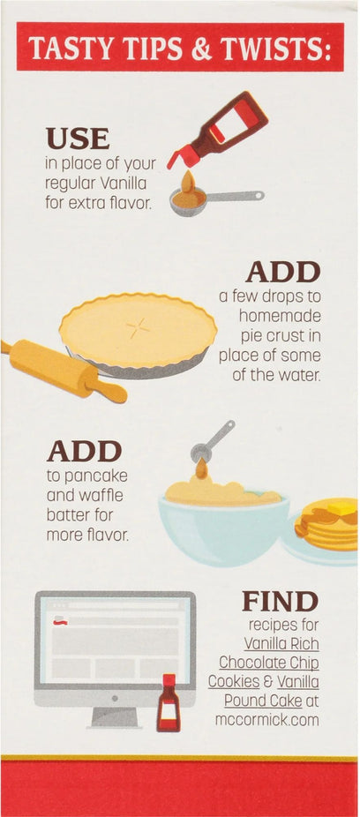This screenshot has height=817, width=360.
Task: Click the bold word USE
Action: (x=78, y=139)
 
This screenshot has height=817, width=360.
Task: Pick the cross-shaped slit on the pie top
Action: (x=138, y=328)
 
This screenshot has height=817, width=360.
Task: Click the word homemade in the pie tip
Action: (x=280, y=316)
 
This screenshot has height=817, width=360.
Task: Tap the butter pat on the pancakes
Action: (x=342, y=507)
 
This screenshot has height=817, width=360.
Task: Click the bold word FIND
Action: (x=280, y=602)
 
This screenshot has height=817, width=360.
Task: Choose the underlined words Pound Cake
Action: (x=263, y=701)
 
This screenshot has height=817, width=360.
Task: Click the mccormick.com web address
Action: (x=267, y=720)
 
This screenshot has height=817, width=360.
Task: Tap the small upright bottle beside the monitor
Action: (x=169, y=702)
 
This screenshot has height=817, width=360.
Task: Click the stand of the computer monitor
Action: (x=115, y=717)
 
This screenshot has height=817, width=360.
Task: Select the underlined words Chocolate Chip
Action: (x=269, y=663)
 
